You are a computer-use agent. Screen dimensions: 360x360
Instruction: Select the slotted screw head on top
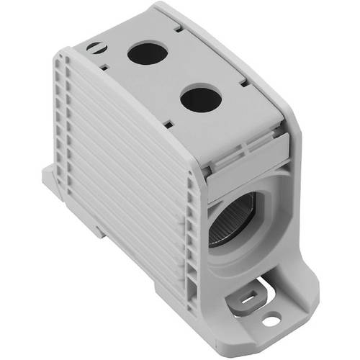[x=95, y=48]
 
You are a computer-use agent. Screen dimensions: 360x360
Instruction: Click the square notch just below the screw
[x=104, y=68]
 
